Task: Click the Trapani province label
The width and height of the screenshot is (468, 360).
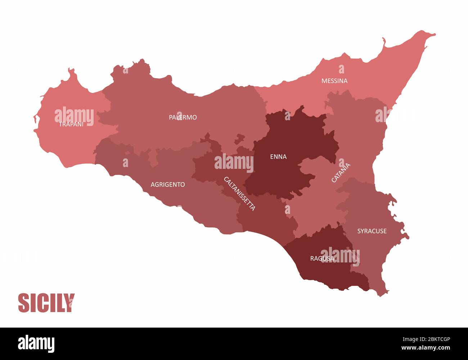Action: click(71, 124)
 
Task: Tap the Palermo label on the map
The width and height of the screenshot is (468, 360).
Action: click(183, 117)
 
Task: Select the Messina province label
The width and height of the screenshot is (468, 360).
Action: click(334, 81)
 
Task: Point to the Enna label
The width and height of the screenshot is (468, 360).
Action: click(278, 157)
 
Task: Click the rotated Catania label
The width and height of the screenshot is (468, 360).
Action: click(341, 173)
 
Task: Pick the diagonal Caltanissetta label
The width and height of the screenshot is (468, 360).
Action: click(239, 194)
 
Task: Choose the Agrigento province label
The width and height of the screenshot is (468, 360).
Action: click(168, 185)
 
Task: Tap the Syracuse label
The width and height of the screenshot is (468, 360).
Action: click(372, 231)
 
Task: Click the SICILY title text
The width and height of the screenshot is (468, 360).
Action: click(46, 303)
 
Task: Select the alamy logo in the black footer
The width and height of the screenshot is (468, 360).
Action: click(36, 344)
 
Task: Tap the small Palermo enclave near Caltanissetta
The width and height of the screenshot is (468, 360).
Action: click(239, 139)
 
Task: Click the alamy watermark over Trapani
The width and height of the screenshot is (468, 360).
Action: click(74, 116)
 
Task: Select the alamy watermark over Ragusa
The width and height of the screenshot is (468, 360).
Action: click(340, 256)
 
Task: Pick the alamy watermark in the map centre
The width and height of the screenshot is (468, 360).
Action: click(234, 163)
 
